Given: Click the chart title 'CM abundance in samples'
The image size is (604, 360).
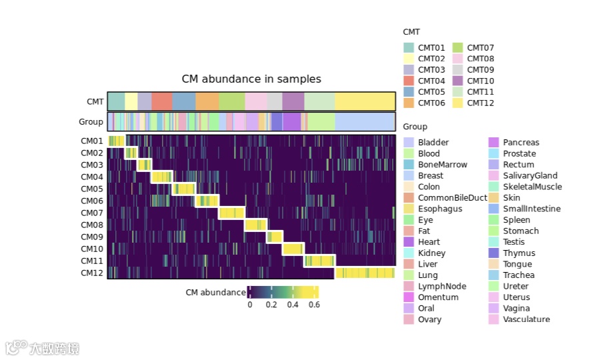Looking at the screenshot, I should click(x=251, y=79).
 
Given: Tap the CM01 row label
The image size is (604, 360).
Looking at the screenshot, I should click(x=92, y=141).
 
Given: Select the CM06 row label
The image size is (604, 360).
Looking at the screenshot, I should click(x=92, y=201).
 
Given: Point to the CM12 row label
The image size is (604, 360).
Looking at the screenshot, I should click(x=92, y=273).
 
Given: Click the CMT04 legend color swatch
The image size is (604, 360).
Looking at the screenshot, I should click(x=409, y=81).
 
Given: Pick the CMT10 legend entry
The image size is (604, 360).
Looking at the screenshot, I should click(x=480, y=81).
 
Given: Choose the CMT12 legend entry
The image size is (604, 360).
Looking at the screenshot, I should click(x=480, y=103).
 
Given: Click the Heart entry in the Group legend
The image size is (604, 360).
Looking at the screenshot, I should click(x=429, y=242).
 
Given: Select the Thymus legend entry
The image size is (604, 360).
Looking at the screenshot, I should click(x=519, y=253).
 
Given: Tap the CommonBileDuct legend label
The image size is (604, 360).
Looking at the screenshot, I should click(x=452, y=198).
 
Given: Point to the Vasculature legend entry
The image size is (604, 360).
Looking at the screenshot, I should click(x=526, y=319).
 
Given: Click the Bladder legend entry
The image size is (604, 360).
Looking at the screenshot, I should click(x=433, y=143).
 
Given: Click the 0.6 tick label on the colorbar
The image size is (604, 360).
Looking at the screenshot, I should click(x=313, y=305).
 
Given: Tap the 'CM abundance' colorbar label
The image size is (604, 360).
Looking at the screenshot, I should click(x=215, y=293).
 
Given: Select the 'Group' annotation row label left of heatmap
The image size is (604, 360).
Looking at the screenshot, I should click(x=91, y=122).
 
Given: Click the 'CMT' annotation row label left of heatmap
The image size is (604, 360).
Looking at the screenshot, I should click(x=95, y=102).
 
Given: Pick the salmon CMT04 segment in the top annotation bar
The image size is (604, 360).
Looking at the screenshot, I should click(x=162, y=101).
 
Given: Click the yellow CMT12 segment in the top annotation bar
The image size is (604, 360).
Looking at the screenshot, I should click(x=365, y=101).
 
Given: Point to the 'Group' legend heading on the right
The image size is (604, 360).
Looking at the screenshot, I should click(x=415, y=127).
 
